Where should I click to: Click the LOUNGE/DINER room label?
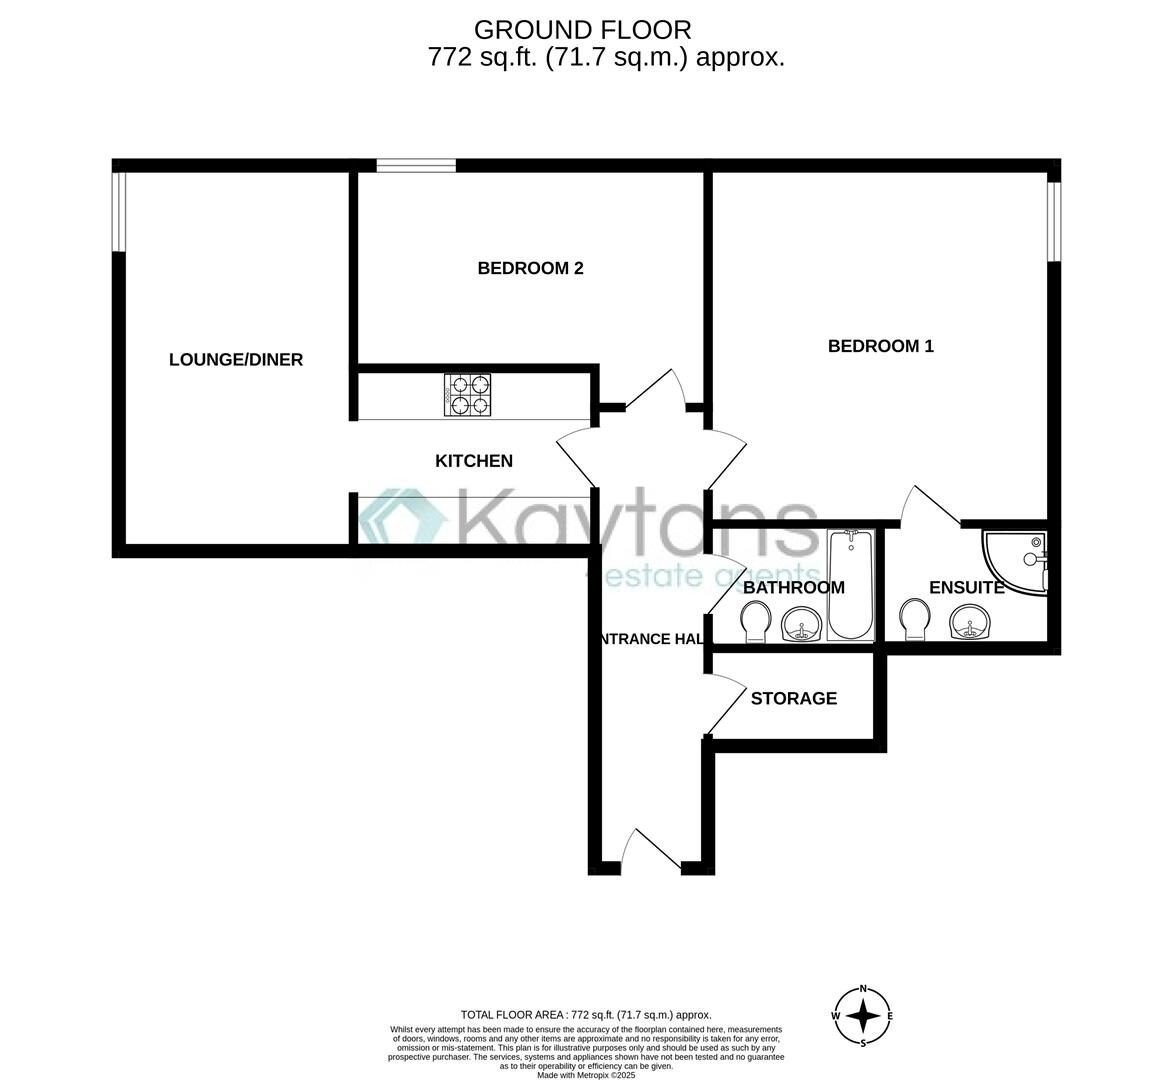tap(236, 360)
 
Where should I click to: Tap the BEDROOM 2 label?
tap(530, 268)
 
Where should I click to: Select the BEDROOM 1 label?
tap(880, 346)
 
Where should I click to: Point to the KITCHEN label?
tap(474, 461)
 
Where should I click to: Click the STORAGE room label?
tap(794, 698)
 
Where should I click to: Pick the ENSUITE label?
tap(966, 588)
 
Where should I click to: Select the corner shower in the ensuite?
tap(1015, 561)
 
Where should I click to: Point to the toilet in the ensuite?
tap(913, 621)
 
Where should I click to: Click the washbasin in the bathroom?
tap(801, 625)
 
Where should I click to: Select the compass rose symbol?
tap(863, 1016)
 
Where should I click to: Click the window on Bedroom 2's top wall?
tap(415, 166)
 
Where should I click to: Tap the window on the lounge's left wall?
tap(118, 211)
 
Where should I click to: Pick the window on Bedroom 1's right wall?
tap(1053, 222)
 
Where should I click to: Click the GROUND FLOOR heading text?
tap(581, 30)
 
